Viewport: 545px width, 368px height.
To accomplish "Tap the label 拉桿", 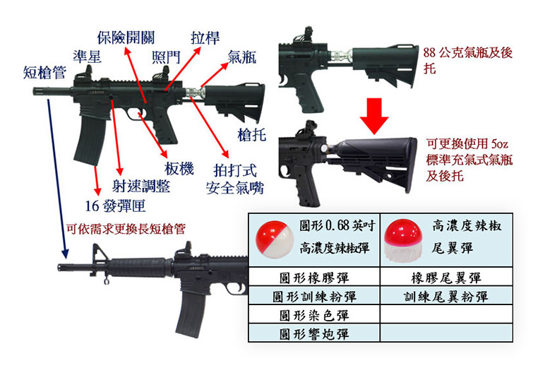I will (x=205, y=37).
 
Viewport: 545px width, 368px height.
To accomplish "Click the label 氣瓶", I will (x=242, y=58).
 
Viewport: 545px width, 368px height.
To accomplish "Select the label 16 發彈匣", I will (x=115, y=206).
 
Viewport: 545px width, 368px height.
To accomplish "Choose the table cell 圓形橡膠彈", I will (x=314, y=278).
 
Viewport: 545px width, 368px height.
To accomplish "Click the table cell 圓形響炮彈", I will (x=314, y=333).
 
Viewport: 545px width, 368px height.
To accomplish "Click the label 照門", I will (x=165, y=57).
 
